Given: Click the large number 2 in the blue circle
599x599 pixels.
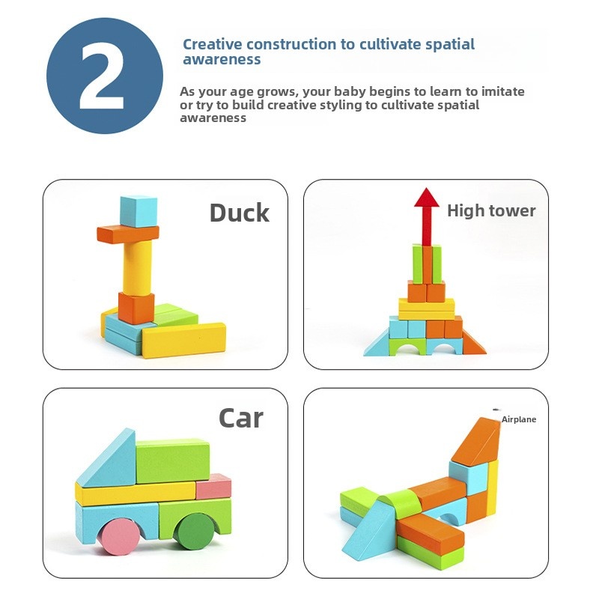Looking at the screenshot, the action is coord(103,76).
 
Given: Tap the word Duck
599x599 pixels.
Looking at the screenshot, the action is coord(239,213).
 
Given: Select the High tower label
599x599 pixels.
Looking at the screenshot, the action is coord(491,211).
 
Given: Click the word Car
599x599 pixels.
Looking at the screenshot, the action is coord(241,419).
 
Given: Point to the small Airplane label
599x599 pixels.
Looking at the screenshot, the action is coord(519,419).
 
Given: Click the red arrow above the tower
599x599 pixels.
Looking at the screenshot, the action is coord(427,216).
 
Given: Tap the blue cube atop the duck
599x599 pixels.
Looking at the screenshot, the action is coord(139,211).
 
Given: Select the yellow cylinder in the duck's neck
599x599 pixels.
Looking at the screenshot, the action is coord(137,267).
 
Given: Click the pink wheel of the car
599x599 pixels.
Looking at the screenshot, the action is coord(121,538).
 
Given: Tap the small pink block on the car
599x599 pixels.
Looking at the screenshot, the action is coord(213,487).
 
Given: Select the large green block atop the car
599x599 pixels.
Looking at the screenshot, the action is coord(173,461).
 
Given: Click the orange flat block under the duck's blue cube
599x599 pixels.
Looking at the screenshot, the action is coord(127,234).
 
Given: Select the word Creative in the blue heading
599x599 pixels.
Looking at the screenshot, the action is coord(213,44).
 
